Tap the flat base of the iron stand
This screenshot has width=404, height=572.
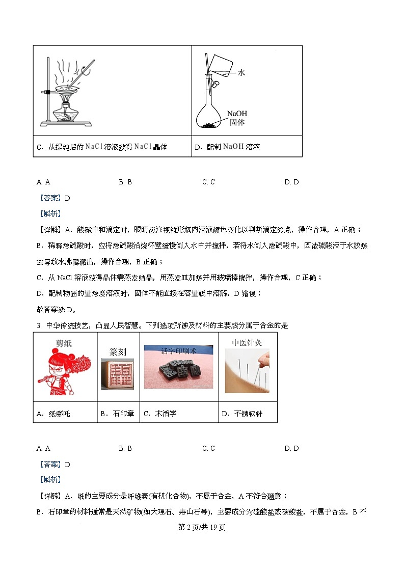66,124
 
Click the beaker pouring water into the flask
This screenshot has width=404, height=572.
220,65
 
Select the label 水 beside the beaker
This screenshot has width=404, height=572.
241,73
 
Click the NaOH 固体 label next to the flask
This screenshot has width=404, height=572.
237,118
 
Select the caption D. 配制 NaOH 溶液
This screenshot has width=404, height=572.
228,147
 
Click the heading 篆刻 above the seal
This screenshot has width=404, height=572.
118,352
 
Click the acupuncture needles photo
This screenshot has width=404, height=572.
247,371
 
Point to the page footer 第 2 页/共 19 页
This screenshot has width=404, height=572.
202,527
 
